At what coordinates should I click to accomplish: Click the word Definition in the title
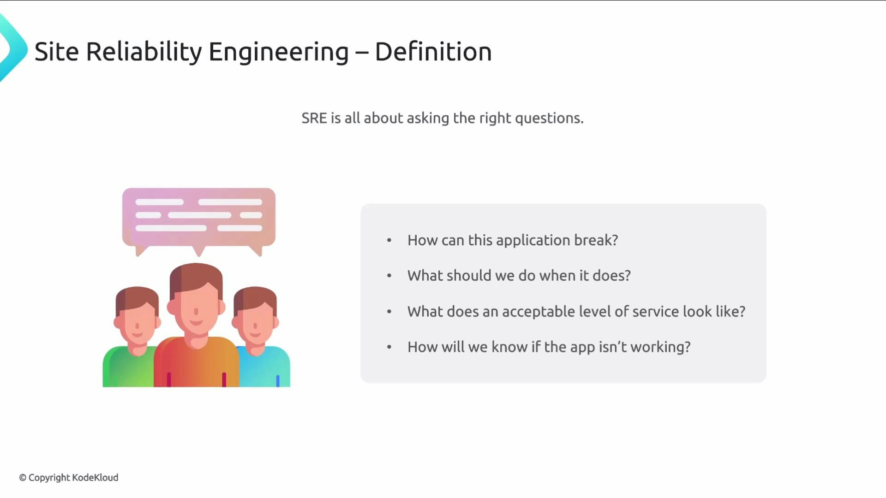433,51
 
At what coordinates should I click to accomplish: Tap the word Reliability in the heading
144,51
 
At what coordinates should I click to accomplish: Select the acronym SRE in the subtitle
314,118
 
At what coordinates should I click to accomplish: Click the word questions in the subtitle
549,118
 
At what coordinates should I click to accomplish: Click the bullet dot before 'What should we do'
389,276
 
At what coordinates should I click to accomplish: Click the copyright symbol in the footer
23,478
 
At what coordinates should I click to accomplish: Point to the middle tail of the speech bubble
198,251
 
